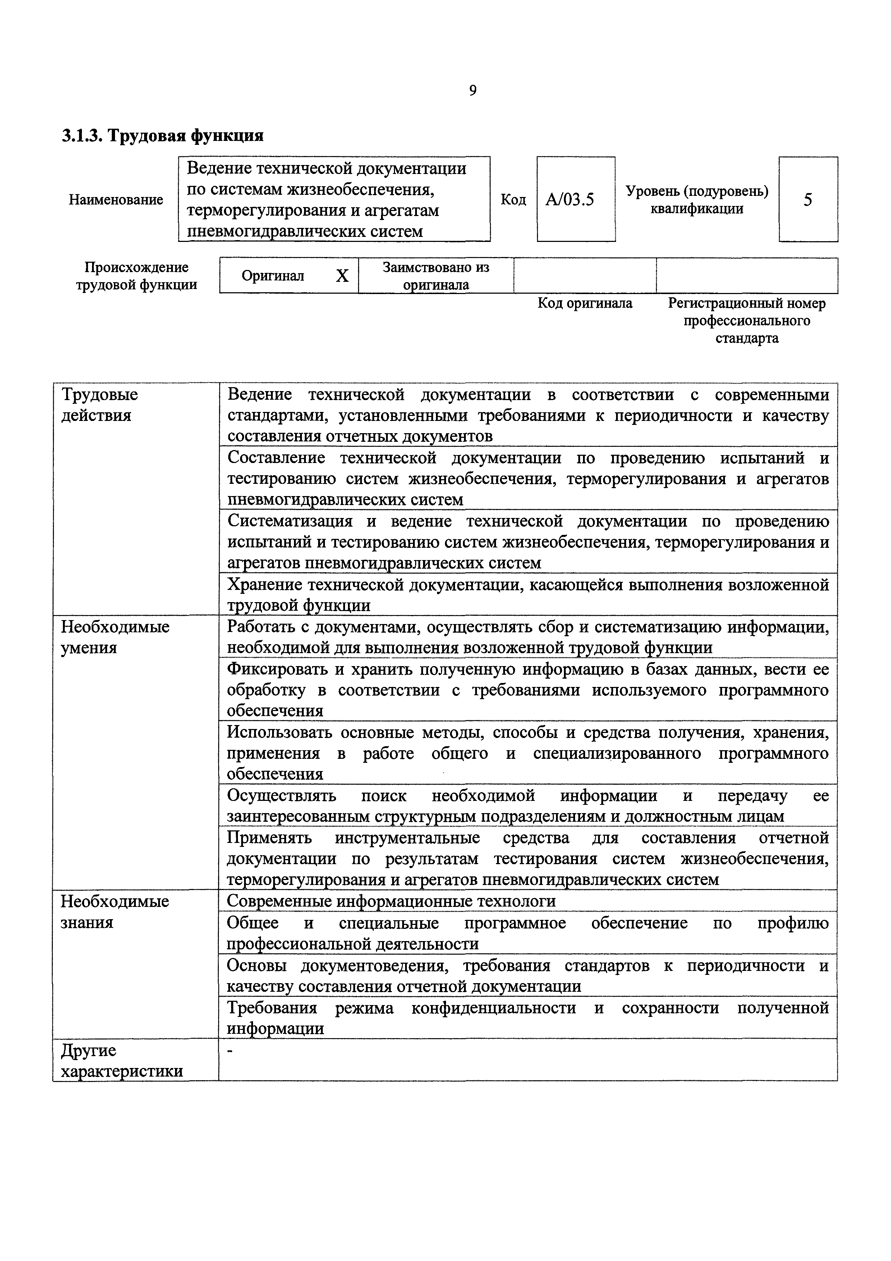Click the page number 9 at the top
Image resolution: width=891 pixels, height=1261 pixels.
(x=473, y=91)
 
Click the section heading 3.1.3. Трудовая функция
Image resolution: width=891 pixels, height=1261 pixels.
(x=162, y=135)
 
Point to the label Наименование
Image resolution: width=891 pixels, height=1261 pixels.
(x=116, y=200)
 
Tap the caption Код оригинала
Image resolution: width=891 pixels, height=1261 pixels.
(x=585, y=303)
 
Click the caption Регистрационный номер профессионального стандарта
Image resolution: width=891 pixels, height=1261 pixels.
(x=747, y=320)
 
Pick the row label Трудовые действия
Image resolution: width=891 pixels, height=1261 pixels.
(x=99, y=405)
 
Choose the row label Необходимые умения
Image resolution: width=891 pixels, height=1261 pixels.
(x=115, y=637)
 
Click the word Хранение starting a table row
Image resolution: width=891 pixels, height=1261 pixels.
(x=263, y=585)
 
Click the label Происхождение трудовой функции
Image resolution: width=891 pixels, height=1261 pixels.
(x=136, y=276)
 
